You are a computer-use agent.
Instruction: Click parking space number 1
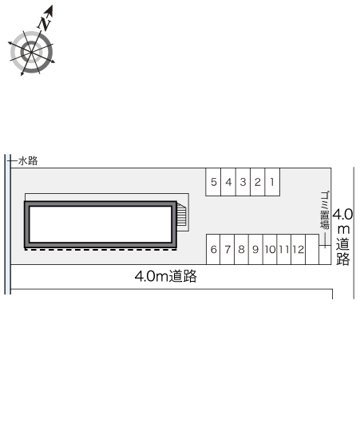click(272, 182)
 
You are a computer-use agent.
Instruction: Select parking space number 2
click(258, 182)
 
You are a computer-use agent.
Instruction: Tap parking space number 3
click(243, 182)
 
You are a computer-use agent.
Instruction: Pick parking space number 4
click(228, 182)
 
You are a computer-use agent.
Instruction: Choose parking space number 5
click(213, 182)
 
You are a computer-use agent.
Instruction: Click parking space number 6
click(213, 249)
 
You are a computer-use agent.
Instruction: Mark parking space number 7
click(227, 249)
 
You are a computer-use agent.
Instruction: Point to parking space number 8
click(242, 249)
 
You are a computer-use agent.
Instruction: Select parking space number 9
click(255, 249)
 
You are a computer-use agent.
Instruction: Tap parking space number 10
click(270, 249)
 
